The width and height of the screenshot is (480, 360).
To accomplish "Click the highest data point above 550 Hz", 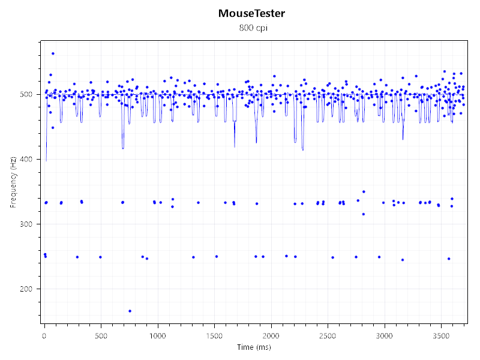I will [x=53, y=53].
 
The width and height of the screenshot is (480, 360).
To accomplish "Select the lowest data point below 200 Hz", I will [x=130, y=311].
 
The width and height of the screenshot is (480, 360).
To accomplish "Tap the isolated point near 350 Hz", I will [x=364, y=191].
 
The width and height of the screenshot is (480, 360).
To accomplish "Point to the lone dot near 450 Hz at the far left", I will [x=53, y=128].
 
